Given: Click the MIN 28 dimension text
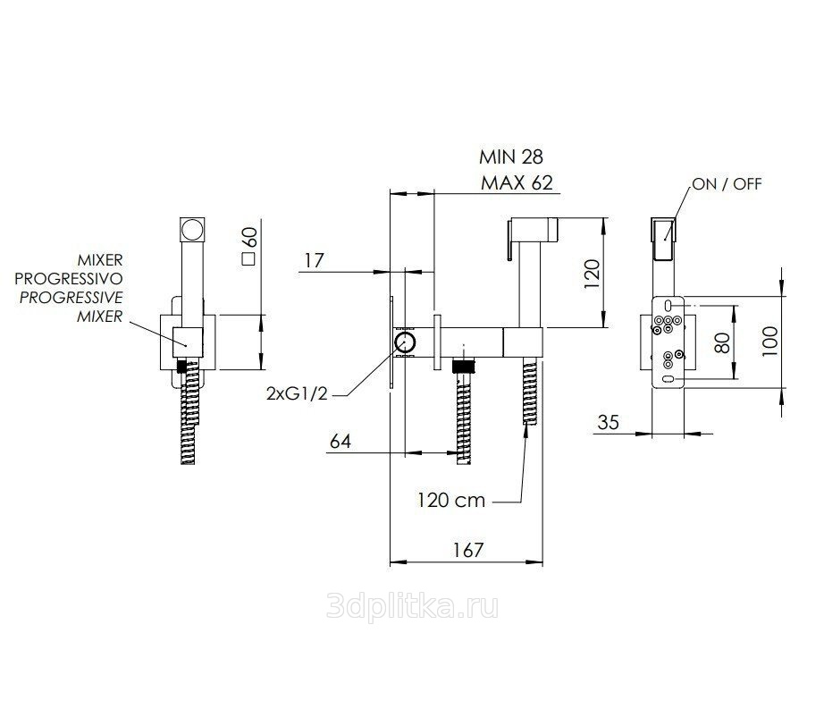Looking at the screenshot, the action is tap(511, 156).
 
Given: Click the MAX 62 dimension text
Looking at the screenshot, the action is tap(517, 183).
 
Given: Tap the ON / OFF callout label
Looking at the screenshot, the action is tap(727, 184).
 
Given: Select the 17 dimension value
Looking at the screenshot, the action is tap(314, 260).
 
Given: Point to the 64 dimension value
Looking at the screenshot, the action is tap(340, 441).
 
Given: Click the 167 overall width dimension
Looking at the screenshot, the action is tap(467, 550).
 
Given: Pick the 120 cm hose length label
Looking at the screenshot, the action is tap(451, 500).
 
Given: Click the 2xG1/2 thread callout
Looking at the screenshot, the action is tap(297, 393).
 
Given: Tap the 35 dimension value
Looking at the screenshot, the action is tap(608, 422).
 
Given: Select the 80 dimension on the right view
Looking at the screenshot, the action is tap(723, 342).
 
